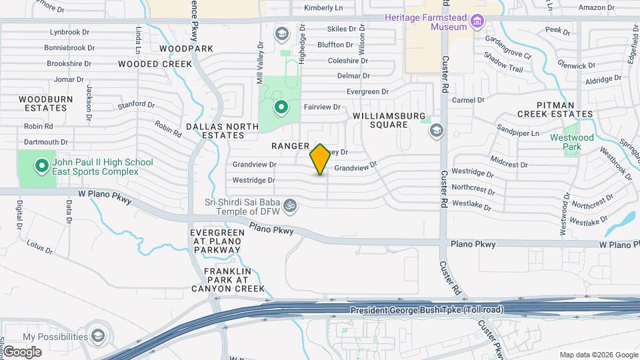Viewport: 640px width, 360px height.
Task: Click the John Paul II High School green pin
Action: pyautogui.click(x=42, y=164)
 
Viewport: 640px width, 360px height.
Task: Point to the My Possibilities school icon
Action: pyautogui.click(x=99, y=335)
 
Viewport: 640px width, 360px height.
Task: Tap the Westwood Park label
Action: pyautogui.click(x=572, y=142)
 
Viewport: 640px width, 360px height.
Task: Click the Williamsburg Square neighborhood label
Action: pyautogui.click(x=389, y=120)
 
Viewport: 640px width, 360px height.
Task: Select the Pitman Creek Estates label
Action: pyautogui.click(x=565, y=109)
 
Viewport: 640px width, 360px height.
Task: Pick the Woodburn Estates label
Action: pyautogui.click(x=45, y=103)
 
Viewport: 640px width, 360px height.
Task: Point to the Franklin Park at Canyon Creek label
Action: pyautogui.click(x=228, y=280)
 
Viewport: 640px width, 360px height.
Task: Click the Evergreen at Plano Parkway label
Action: pyautogui.click(x=215, y=241)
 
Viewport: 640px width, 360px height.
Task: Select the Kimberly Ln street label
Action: pyautogui.click(x=323, y=8)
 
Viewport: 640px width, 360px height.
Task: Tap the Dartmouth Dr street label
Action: pyautogui.click(x=46, y=142)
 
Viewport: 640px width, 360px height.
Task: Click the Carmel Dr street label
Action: pyautogui.click(x=467, y=100)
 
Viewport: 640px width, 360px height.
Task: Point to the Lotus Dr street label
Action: pyautogui.click(x=39, y=247)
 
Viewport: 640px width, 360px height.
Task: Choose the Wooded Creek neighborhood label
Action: pyautogui.click(x=155, y=64)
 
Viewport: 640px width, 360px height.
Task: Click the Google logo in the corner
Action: pyautogui.click(x=22, y=352)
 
